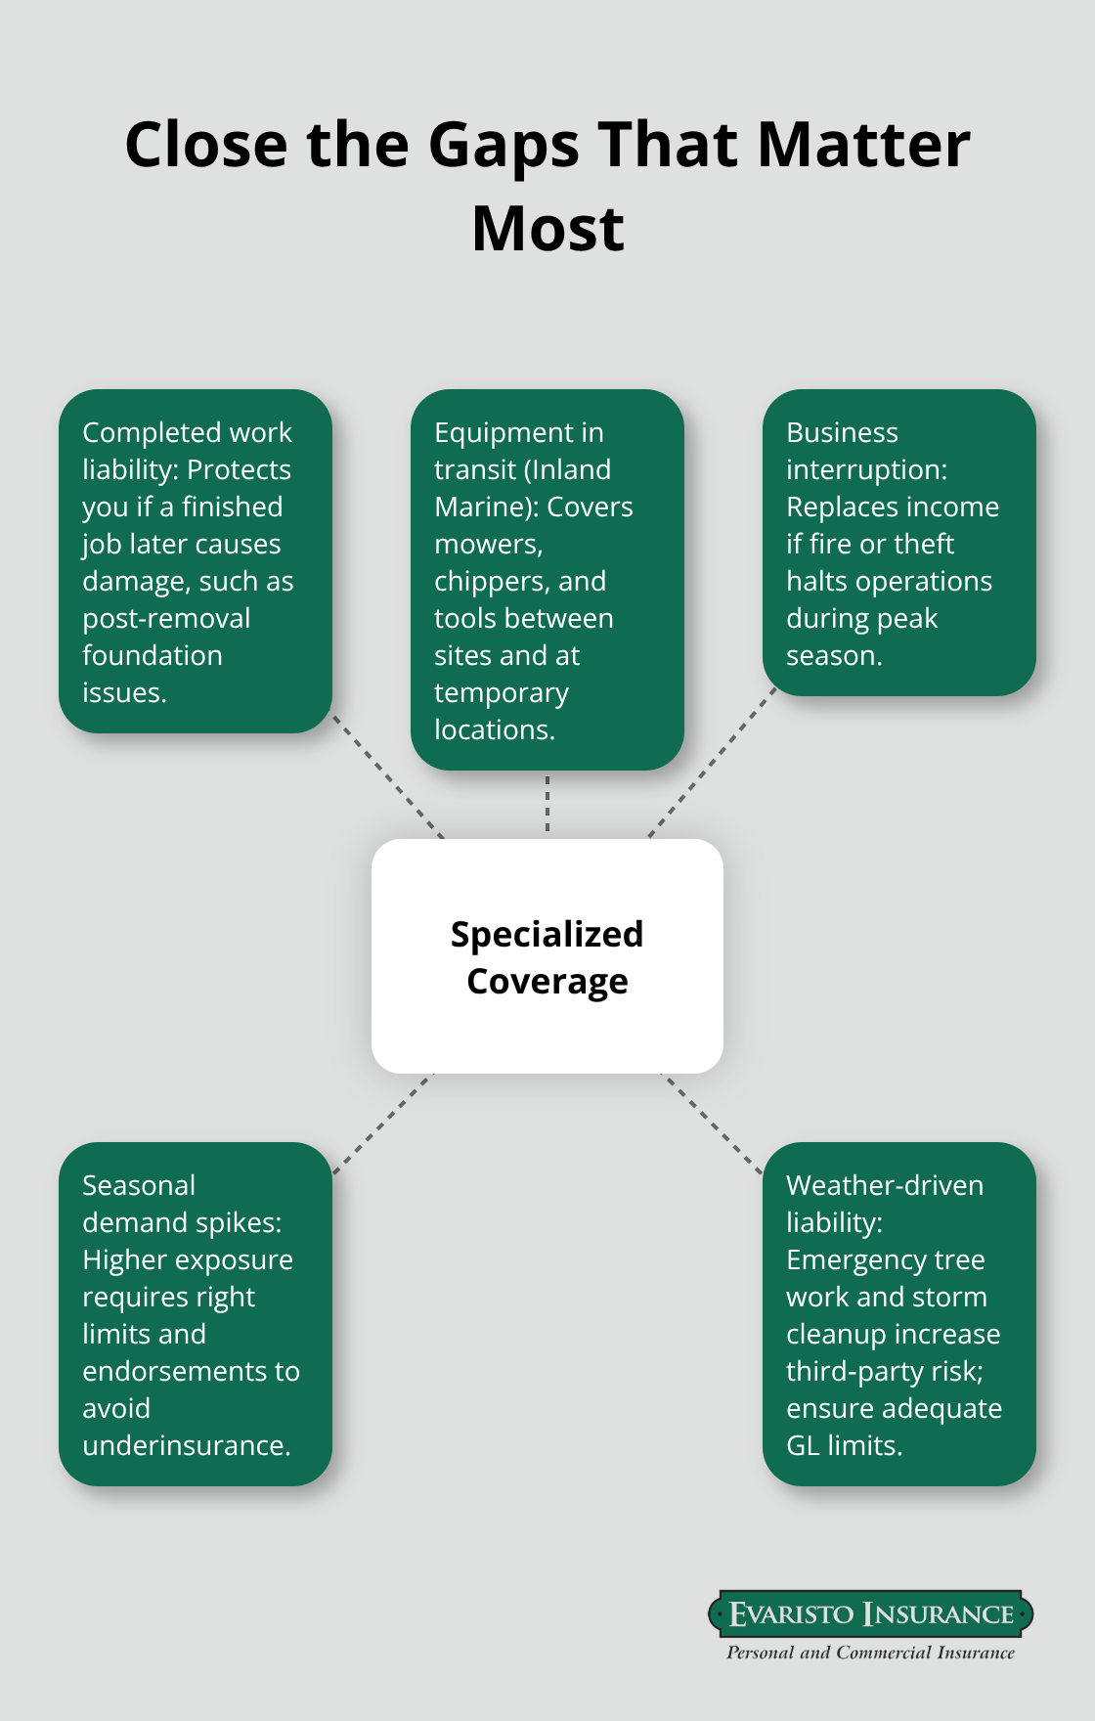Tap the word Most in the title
pyautogui.click(x=547, y=229)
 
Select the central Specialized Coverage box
pyautogui.click(x=547, y=955)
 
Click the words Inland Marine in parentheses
pyautogui.click(x=533, y=488)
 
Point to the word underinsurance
pyautogui.click(x=187, y=1445)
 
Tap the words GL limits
pyautogui.click(x=844, y=1445)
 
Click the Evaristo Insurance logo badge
pyautogui.click(x=870, y=1613)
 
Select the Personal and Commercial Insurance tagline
pyautogui.click(x=870, y=1653)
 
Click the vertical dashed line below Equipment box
pyautogui.click(x=547, y=804)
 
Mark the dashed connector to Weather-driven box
pyautogui.click(x=712, y=1123)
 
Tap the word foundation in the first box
pyautogui.click(x=153, y=655)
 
